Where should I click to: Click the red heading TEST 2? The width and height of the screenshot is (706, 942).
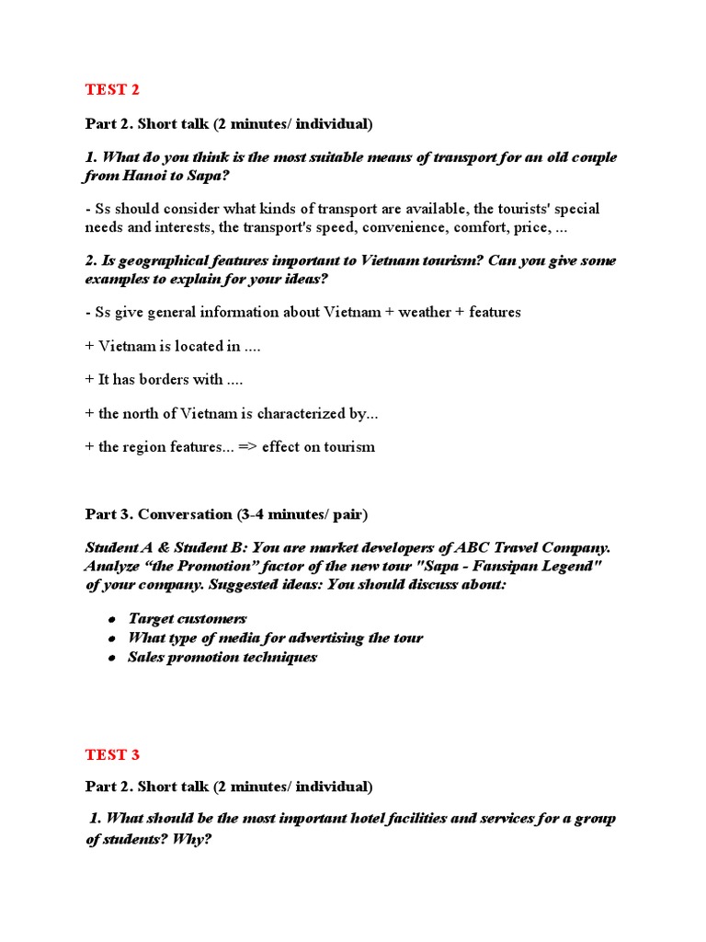pyautogui.click(x=112, y=89)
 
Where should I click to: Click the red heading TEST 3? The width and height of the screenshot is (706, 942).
pyautogui.click(x=112, y=754)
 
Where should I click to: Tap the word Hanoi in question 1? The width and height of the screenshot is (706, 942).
pyautogui.click(x=148, y=175)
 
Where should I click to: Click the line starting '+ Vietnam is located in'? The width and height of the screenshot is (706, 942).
pyautogui.click(x=165, y=346)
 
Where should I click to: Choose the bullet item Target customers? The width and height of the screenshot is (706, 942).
pyautogui.click(x=188, y=619)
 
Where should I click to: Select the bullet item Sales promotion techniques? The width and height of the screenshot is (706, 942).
pyautogui.click(x=222, y=657)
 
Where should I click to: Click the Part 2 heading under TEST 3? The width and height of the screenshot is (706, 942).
pyautogui.click(x=229, y=787)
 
